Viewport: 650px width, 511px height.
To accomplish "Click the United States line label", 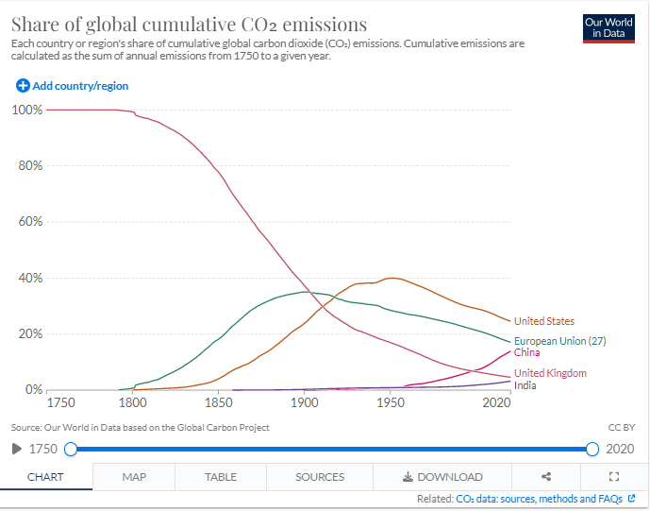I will click(x=543, y=322).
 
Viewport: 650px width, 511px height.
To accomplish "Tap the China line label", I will click(x=526, y=352).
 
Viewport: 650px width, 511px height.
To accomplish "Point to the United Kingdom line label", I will click(x=550, y=373).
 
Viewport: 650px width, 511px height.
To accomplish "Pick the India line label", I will click(x=525, y=385).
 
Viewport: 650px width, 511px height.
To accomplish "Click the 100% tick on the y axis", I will click(x=27, y=110).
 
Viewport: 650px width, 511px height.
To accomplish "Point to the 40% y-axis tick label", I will click(x=30, y=278).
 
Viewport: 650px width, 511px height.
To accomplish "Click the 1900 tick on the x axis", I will click(x=304, y=403).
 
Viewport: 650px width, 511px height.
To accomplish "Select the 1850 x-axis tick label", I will click(x=218, y=403).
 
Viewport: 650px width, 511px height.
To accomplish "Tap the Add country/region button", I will click(x=73, y=86).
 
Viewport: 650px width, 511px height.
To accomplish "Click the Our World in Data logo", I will click(x=608, y=29).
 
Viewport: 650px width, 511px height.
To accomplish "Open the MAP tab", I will click(x=134, y=477).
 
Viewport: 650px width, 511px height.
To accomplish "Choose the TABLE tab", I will click(x=221, y=477).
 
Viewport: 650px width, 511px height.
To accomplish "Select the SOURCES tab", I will click(x=320, y=477).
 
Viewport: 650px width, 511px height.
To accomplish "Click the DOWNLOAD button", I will click(x=442, y=477).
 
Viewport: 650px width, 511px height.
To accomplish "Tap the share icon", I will click(x=546, y=477).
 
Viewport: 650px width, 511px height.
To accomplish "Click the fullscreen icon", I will click(x=614, y=477).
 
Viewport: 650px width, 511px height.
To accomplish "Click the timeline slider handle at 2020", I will click(x=592, y=449).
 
